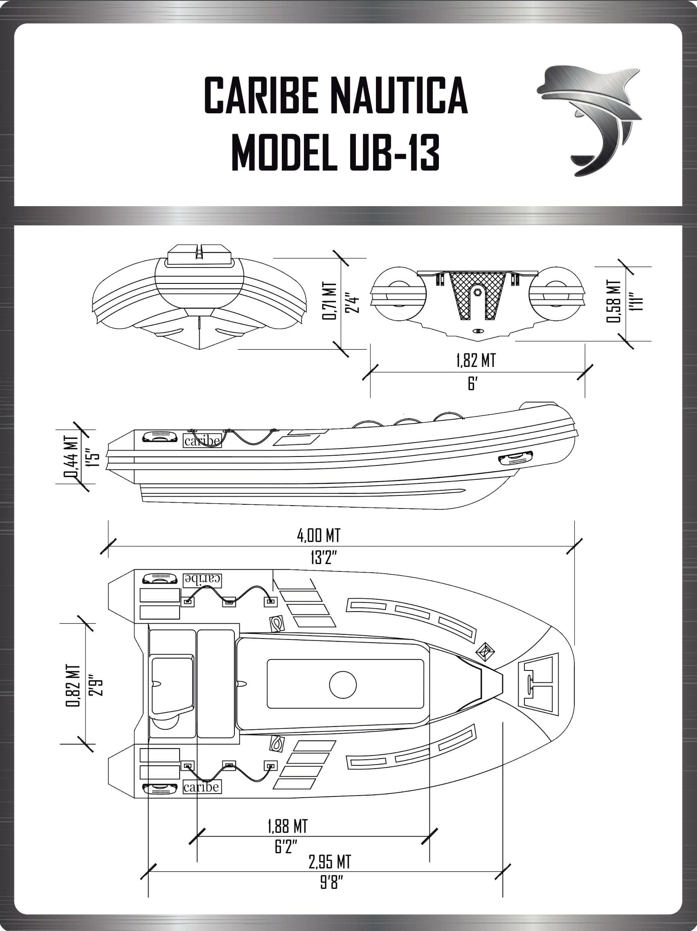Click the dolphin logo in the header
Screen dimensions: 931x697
tap(589, 120)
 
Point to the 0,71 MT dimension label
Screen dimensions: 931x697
tap(330, 301)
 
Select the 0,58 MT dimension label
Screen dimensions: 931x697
tap(613, 301)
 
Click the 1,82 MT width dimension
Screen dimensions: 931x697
tap(476, 361)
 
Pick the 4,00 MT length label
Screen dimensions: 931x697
tap(319, 535)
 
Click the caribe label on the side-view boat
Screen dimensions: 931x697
tap(202, 441)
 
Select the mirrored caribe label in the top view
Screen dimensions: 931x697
tap(202, 580)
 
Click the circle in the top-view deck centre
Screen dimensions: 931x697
tap(343, 685)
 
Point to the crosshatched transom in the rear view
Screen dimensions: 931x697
tap(477, 293)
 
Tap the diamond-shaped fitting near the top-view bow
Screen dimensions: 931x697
tap(485, 652)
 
